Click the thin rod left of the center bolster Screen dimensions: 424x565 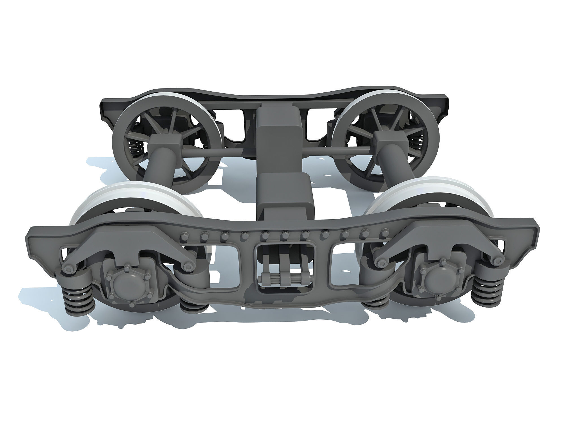coord(219,152)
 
